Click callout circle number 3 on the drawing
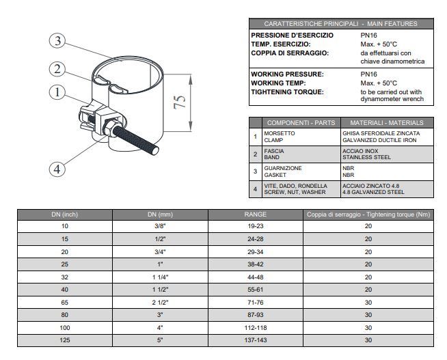tap(58, 41)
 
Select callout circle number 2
tap(58, 68)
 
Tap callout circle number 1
tap(58, 92)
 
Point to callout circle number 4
tap(58, 168)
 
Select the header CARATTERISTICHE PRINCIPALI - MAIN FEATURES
tap(340, 24)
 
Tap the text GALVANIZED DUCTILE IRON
tap(381, 140)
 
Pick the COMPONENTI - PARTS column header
tap(301, 123)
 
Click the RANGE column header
tap(255, 214)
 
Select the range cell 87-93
tap(255, 314)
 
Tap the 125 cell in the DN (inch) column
tap(65, 340)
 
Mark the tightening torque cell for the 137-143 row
tap(368, 340)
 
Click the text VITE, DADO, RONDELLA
tap(295, 186)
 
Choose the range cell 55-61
tap(255, 289)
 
